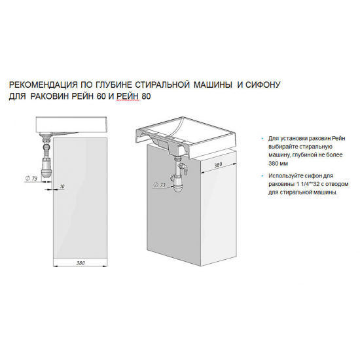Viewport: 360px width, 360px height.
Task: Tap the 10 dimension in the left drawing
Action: pyautogui.click(x=62, y=187)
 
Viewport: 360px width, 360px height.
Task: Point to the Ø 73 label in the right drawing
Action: pyautogui.click(x=158, y=186)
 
